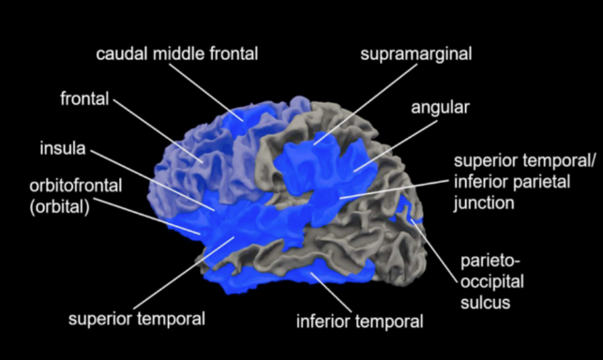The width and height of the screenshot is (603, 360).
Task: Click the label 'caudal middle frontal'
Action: coord(177,53)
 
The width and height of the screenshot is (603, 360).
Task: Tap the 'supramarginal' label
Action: coord(416,54)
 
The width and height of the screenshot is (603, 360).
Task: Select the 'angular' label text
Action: coord(441,108)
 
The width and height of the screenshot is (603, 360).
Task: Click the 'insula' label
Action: coord(63,148)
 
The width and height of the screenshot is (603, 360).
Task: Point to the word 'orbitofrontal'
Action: coord(76,186)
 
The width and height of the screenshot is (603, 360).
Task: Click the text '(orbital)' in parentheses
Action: coord(60,207)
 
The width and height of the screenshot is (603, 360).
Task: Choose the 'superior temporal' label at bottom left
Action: coord(137,320)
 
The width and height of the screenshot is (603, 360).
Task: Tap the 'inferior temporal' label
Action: coord(359,322)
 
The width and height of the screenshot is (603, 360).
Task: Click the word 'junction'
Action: coord(484,203)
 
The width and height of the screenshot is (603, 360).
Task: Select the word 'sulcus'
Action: coord(486,303)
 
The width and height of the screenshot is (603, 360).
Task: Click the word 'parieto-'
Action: coord(490,262)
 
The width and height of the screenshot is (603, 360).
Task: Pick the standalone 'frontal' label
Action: coord(84,98)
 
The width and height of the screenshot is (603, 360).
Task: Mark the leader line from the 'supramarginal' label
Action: coord(366,104)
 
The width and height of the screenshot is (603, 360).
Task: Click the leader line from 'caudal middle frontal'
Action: coord(206,92)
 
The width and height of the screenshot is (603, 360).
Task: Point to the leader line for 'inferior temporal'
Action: coord(331,292)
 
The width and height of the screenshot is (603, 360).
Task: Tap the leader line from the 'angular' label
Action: coord(396,146)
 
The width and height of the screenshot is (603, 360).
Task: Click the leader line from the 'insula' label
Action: coord(153,180)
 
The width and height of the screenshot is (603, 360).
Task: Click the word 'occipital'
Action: coord(492,282)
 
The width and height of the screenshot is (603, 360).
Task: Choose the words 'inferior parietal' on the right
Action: coord(512,182)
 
